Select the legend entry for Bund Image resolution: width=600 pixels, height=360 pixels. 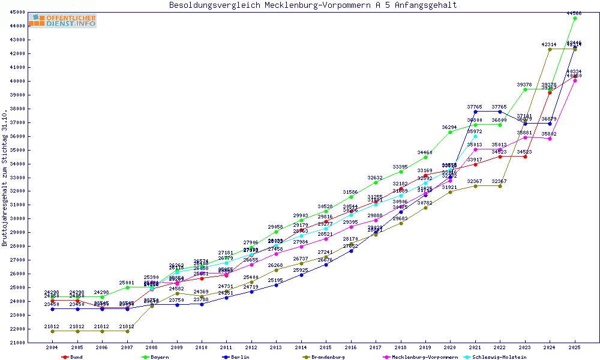72,357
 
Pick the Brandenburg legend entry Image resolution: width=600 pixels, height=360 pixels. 324,357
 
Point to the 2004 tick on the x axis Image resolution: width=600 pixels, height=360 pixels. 52,347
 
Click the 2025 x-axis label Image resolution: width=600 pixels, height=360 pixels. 575,347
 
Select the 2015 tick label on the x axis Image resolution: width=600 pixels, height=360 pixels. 326,347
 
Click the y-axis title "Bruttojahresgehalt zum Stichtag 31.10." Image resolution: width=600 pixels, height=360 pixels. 5,178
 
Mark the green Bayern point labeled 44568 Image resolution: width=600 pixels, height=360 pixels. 575,18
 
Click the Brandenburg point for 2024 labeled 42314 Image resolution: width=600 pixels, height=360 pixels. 550,49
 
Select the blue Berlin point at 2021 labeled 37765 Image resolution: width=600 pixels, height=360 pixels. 475,112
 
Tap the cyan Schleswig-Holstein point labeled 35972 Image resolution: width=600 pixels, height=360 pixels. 475,136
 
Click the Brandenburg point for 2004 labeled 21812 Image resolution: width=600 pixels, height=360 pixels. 52,331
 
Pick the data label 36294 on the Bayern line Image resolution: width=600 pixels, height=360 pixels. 449,127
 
